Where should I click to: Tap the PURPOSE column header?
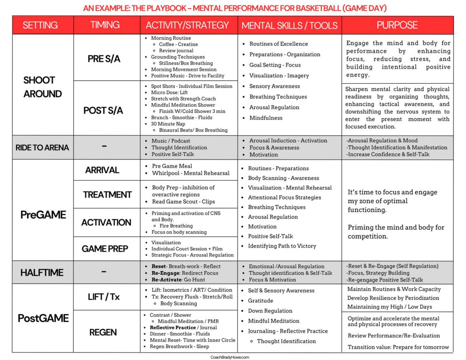(397, 25)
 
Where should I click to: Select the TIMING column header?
(105, 25)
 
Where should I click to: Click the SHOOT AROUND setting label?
(43, 87)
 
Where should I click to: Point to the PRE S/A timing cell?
(104, 59)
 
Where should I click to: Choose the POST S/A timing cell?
(103, 111)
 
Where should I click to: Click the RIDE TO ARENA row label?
(43, 147)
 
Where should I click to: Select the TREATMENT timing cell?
(107, 195)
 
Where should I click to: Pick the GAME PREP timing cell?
(105, 248)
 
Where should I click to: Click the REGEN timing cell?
(103, 332)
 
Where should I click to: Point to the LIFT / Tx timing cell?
(104, 297)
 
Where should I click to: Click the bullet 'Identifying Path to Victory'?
(282, 246)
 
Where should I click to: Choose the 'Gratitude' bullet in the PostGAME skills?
(260, 301)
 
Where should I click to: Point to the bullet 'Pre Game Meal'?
(172, 166)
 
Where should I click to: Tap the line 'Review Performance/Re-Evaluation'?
(394, 336)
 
